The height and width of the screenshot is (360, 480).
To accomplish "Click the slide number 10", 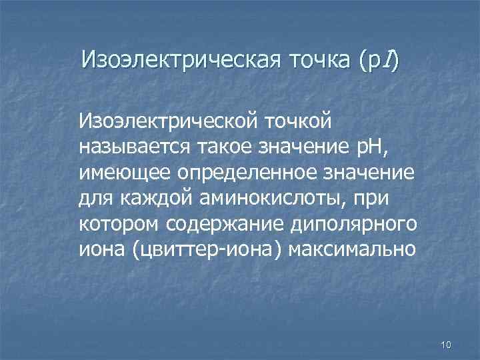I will point(446,344).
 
